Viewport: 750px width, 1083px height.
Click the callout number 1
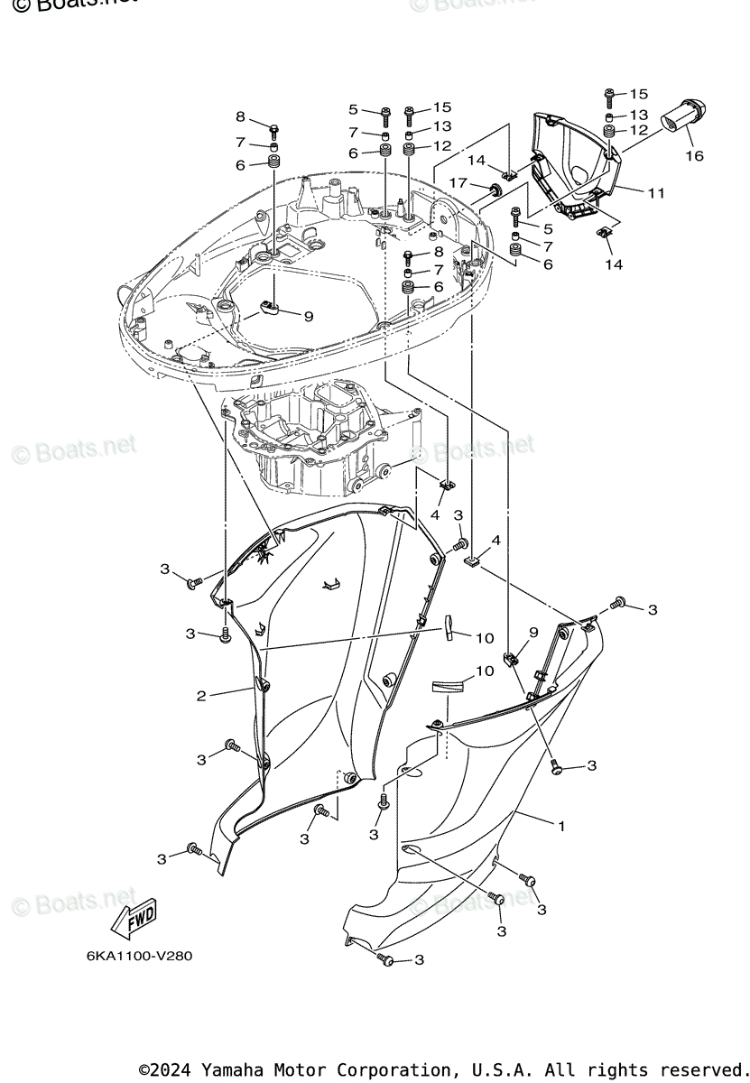point(560,826)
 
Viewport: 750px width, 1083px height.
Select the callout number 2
point(202,696)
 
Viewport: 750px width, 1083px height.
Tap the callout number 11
point(656,191)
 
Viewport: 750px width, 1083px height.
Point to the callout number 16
point(694,156)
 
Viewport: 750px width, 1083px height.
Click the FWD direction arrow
point(133,919)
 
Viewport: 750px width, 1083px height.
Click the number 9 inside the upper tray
point(308,317)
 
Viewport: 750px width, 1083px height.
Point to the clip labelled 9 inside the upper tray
point(266,310)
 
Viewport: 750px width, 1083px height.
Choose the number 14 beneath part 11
point(614,264)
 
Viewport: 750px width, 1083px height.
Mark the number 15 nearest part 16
point(639,94)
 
